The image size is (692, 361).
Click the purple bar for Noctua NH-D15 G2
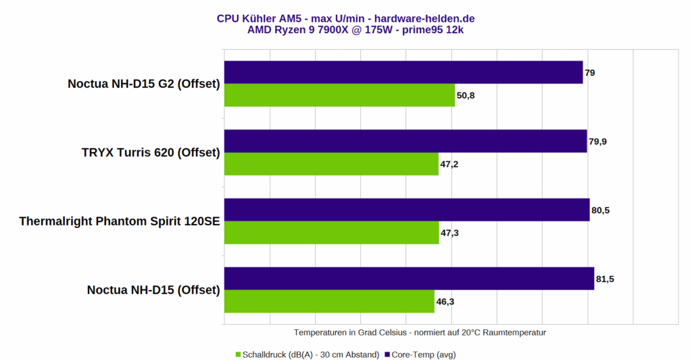(403, 72)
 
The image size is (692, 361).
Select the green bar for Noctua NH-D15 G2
(339, 95)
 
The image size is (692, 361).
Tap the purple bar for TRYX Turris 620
(405, 141)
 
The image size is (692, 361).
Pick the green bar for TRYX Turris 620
(330, 164)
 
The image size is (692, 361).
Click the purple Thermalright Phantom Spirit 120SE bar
(406, 210)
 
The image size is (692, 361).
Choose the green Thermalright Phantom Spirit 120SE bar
(331, 233)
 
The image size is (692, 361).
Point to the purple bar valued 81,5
(409, 279)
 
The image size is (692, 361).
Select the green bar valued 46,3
(329, 302)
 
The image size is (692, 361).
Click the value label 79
(590, 72)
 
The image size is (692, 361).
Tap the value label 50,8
(466, 96)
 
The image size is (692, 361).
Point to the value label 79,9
(599, 142)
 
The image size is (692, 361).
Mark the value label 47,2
(449, 165)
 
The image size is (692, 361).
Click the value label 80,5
(601, 211)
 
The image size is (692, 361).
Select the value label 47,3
(450, 233)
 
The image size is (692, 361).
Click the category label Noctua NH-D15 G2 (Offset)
(144, 84)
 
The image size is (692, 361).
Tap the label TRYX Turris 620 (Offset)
(151, 152)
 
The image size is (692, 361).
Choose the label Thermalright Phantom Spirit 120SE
(120, 221)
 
